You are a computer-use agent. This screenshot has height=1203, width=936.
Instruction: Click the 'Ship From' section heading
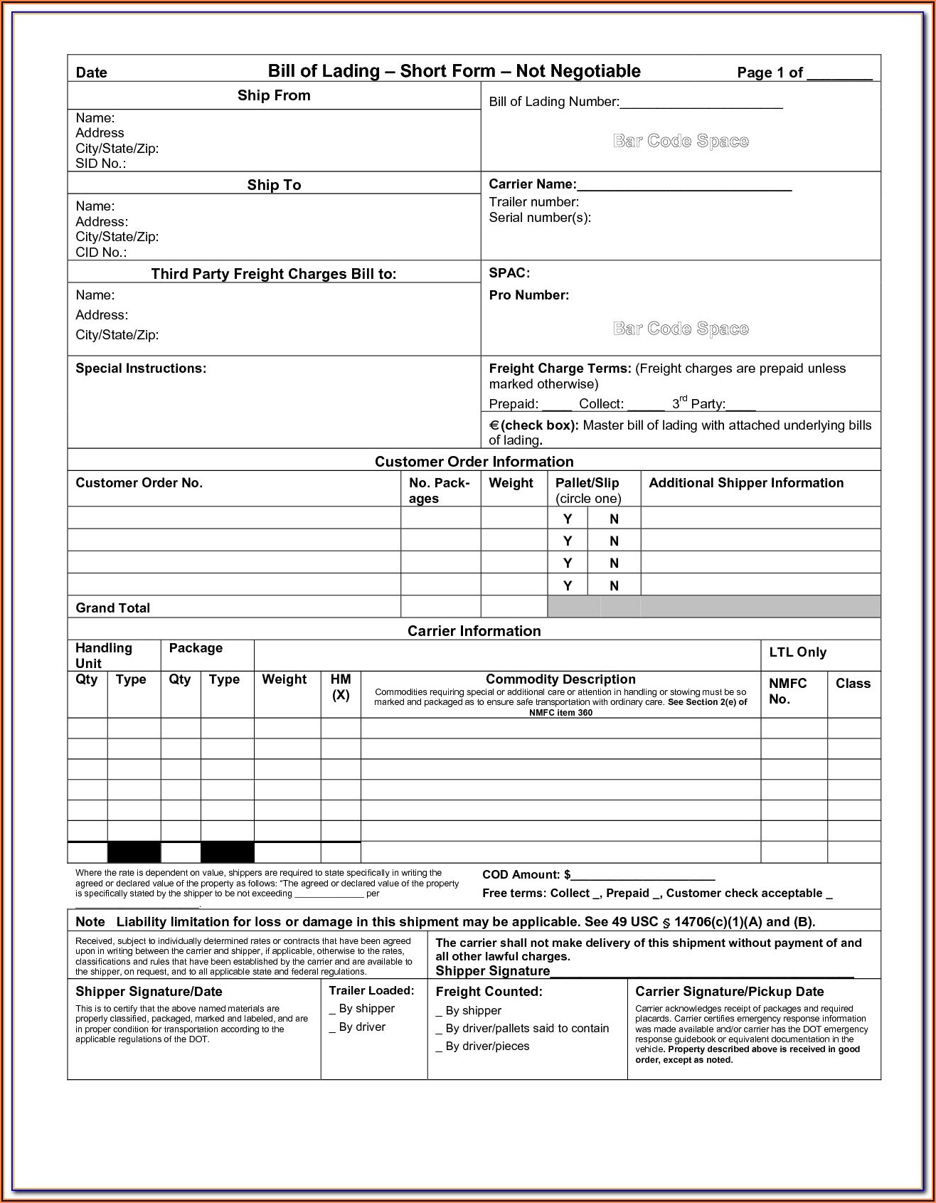(x=274, y=95)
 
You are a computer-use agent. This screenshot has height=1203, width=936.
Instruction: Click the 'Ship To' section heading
(x=274, y=185)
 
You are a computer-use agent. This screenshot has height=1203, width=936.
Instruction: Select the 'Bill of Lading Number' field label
(x=553, y=102)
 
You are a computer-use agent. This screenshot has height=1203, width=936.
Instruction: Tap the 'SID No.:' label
(x=100, y=164)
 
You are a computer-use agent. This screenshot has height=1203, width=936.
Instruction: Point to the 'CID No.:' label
(x=101, y=253)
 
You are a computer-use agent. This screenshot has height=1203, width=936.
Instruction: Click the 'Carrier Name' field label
(x=532, y=184)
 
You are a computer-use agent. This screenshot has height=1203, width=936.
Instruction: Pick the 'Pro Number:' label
(x=528, y=295)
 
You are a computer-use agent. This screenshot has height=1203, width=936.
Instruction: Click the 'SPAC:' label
(x=509, y=273)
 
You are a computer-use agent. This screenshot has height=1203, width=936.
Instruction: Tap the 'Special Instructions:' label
(x=141, y=369)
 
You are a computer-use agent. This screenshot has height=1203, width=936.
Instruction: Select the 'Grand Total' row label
(x=112, y=608)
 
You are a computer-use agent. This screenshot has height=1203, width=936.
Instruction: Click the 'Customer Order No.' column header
(x=139, y=483)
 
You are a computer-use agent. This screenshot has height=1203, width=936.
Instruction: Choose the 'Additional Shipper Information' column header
(x=746, y=483)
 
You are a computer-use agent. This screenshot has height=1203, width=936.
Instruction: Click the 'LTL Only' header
(x=797, y=652)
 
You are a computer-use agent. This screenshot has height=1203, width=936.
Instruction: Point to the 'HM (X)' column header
(x=341, y=687)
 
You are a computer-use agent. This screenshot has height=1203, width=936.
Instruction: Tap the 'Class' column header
(x=853, y=684)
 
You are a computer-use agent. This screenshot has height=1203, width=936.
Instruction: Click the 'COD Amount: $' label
(x=526, y=875)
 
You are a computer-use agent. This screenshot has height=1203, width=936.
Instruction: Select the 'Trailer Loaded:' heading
(x=371, y=991)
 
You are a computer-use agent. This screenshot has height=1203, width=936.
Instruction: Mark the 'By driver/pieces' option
(x=486, y=1046)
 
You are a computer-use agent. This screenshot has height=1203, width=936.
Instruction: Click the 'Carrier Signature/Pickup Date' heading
(x=729, y=992)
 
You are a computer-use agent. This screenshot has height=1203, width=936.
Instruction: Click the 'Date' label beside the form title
(x=91, y=73)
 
